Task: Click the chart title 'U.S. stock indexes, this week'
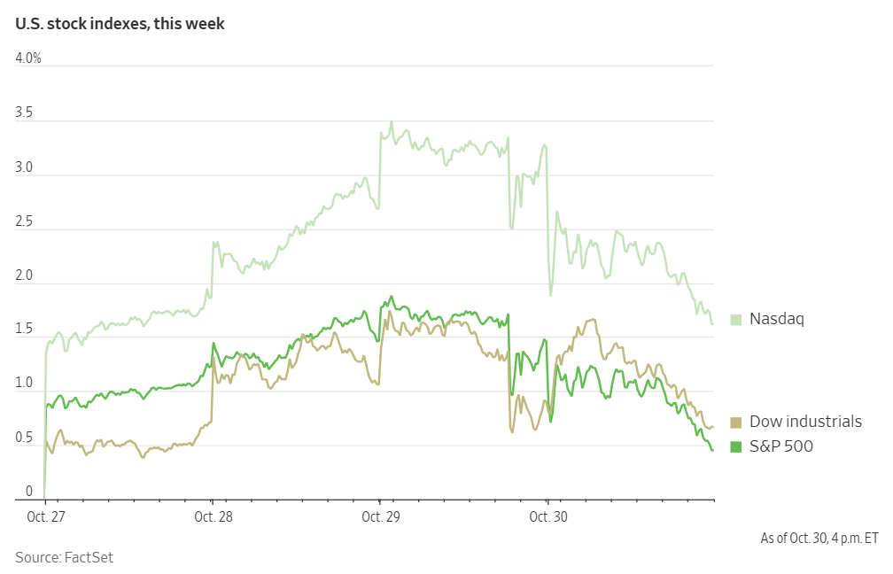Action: pos(120,24)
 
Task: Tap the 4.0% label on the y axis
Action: pos(28,58)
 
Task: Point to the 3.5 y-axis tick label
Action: pos(25,113)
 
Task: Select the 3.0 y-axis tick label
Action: pos(25,167)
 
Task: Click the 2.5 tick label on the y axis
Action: pos(25,221)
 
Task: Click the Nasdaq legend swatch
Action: pos(735,319)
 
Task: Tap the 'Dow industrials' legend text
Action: pos(805,422)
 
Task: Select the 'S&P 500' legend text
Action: pos(780,446)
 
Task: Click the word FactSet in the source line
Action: pos(89,557)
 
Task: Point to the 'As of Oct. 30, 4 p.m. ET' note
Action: pos(819,538)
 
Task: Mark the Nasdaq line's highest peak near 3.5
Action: pos(391,122)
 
